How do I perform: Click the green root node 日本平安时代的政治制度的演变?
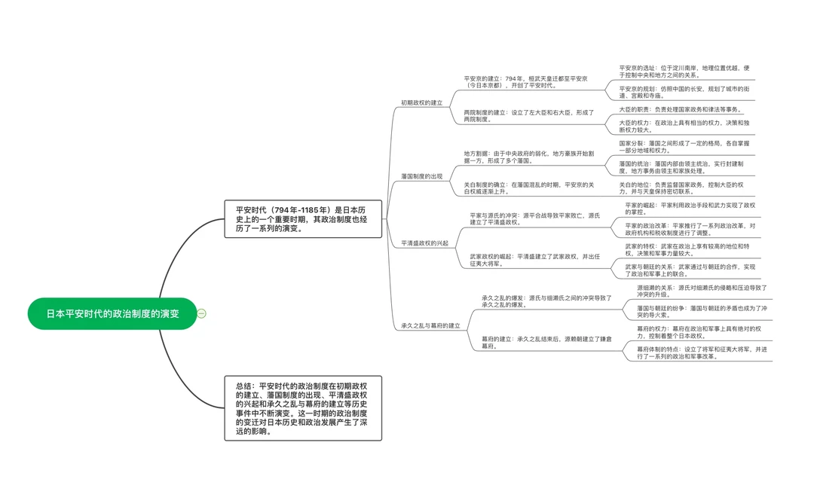pyautogui.click(x=112, y=314)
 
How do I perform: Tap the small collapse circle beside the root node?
pyautogui.click(x=202, y=314)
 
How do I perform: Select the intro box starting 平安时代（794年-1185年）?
pyautogui.click(x=303, y=219)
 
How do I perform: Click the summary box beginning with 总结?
pyautogui.click(x=303, y=408)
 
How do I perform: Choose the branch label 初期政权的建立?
pyautogui.click(x=421, y=102)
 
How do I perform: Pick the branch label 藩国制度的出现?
pyautogui.click(x=421, y=176)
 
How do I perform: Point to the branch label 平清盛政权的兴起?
pyautogui.click(x=424, y=243)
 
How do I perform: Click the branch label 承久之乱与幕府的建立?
pyautogui.click(x=430, y=325)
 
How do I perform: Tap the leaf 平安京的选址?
pyautogui.click(x=684, y=71)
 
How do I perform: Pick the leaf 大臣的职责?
pyautogui.click(x=680, y=109)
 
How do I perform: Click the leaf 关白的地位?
pyautogui.click(x=681, y=188)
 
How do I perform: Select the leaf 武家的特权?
pyautogui.click(x=687, y=250)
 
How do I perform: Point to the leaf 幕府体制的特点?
pyautogui.click(x=702, y=353)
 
